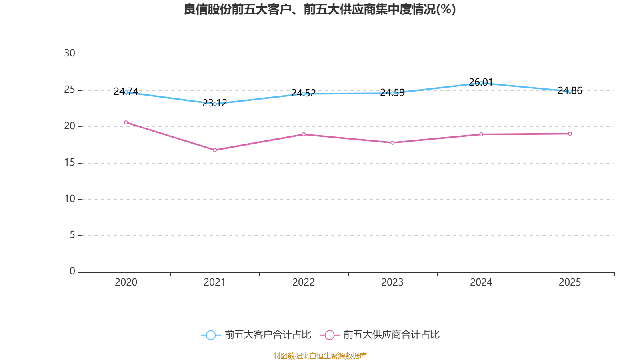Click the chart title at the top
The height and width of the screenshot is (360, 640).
pyautogui.click(x=320, y=10)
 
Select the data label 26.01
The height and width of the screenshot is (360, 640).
pyautogui.click(x=481, y=82)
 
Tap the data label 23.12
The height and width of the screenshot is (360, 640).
pyautogui.click(x=214, y=103)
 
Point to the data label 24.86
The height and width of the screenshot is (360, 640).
pyautogui.click(x=570, y=90)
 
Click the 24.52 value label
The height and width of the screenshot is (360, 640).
pyautogui.click(x=304, y=93)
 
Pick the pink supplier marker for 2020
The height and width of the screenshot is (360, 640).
pyautogui.click(x=126, y=122)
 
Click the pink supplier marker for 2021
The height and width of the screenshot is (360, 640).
pyautogui.click(x=215, y=150)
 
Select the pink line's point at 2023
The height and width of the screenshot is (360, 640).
pyautogui.click(x=392, y=142)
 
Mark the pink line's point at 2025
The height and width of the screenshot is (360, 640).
pyautogui.click(x=570, y=134)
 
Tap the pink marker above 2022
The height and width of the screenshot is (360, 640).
pyautogui.click(x=304, y=134)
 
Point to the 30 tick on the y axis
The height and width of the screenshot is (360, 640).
pyautogui.click(x=70, y=53)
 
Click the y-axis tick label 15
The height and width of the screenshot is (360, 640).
pyautogui.click(x=70, y=162)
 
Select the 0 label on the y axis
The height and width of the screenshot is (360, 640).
pyautogui.click(x=72, y=271)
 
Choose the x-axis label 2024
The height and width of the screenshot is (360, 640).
pyautogui.click(x=481, y=282)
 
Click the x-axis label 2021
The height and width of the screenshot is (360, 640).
pyautogui.click(x=214, y=282)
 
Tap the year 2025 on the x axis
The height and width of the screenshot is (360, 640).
pyautogui.click(x=570, y=282)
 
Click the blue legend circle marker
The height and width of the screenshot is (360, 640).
pyautogui.click(x=211, y=335)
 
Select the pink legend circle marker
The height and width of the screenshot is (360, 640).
pyautogui.click(x=330, y=335)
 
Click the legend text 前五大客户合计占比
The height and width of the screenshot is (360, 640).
pyautogui.click(x=268, y=334)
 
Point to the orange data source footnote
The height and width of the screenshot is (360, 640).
pyautogui.click(x=320, y=356)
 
